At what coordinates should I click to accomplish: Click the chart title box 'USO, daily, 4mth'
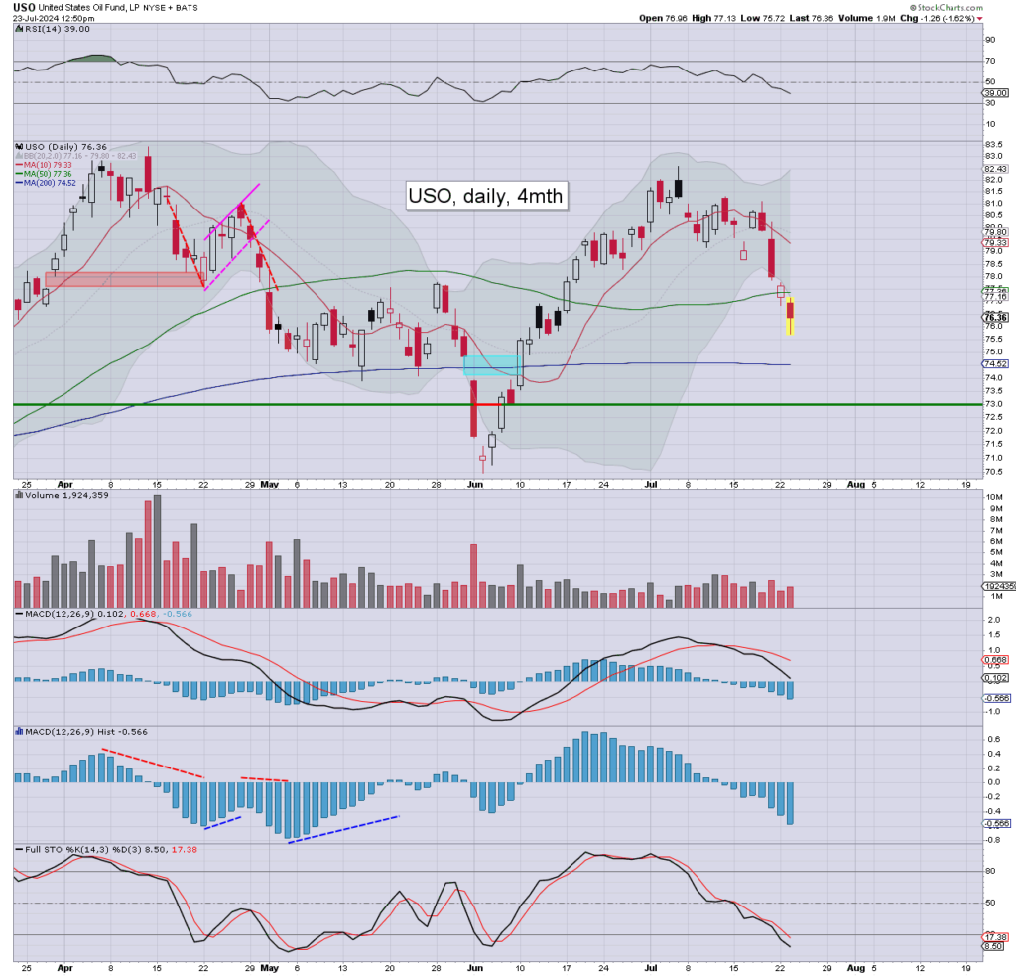pos(486,196)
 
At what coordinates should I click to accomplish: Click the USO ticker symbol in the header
pos(25,7)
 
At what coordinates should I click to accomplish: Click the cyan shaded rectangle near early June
pos(493,365)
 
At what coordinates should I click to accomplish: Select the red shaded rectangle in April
pos(125,280)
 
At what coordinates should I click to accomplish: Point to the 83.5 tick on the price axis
pos(990,144)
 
